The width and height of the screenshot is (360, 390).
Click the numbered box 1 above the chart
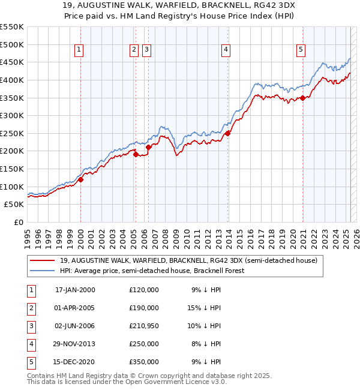click(x=79, y=50)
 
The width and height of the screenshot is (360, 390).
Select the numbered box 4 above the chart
click(x=226, y=50)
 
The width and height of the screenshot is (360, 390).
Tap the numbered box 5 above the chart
click(x=301, y=50)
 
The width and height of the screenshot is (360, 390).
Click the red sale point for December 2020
click(x=303, y=98)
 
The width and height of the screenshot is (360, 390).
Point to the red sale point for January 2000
click(x=80, y=179)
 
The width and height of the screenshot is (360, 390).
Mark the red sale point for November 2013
click(x=228, y=133)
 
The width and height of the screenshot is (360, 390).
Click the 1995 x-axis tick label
click(x=28, y=237)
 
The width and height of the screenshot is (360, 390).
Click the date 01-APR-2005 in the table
click(x=74, y=308)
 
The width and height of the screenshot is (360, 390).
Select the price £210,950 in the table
click(x=144, y=326)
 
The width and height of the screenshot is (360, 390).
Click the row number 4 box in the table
click(x=31, y=344)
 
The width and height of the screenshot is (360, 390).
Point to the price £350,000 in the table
click(x=144, y=362)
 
